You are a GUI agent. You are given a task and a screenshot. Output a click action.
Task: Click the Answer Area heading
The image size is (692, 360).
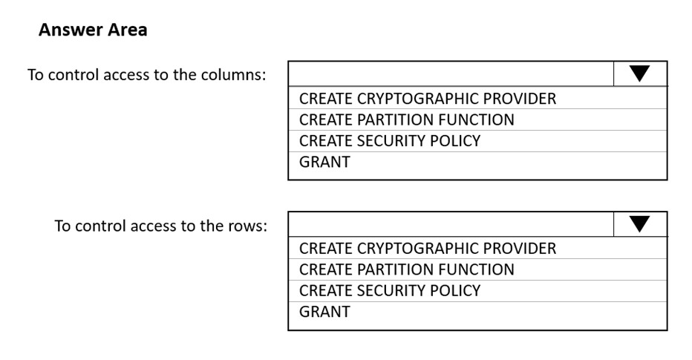coord(93,30)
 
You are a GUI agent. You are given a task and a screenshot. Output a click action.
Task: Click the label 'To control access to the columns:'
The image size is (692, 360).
coord(147,74)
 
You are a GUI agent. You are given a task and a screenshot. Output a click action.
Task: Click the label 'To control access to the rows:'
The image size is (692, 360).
coord(161,226)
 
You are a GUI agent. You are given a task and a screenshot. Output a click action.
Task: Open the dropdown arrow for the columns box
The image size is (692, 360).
coord(639,73)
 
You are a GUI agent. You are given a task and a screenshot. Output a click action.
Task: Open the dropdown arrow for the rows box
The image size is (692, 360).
coord(639,224)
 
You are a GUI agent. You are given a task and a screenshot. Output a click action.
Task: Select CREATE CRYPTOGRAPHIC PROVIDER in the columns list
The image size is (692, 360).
coord(428,99)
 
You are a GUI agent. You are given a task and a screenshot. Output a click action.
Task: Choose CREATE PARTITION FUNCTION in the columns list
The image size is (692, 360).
coord(406,120)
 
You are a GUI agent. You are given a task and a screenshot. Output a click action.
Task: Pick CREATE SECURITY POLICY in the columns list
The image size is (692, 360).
coord(390,141)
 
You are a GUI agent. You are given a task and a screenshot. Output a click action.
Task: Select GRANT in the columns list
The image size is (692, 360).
coord(324,162)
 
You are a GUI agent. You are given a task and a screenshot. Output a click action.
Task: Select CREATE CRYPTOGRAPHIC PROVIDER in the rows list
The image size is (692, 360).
coord(428,249)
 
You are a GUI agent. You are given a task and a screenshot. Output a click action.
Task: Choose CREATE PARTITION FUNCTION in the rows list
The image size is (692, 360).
coord(406,269)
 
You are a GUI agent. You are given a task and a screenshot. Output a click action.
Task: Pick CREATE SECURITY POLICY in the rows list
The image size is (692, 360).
coord(390,290)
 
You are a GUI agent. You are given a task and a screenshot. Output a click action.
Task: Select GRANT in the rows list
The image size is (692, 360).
coord(324,312)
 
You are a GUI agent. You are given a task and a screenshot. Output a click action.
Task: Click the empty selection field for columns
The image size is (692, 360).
coord(451,73)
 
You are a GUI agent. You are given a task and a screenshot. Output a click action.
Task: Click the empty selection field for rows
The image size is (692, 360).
coord(451,224)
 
